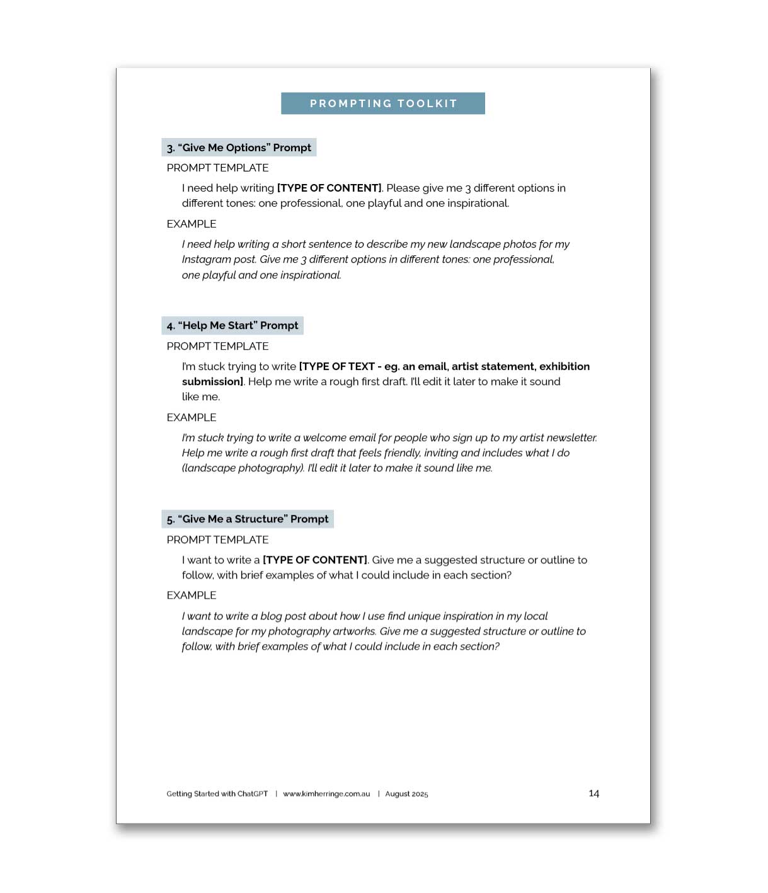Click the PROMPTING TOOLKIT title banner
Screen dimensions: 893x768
383,103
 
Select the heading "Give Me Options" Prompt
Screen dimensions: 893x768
239,147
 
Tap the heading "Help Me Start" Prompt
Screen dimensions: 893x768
232,326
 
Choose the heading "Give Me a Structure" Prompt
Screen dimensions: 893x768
248,519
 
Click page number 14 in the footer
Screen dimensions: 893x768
593,793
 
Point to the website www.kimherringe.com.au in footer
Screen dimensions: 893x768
326,794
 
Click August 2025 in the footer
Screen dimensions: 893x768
406,794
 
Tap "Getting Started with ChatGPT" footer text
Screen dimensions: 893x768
217,794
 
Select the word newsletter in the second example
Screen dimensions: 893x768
573,438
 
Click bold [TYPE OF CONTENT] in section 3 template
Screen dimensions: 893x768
329,188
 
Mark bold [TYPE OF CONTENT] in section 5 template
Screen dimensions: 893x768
314,560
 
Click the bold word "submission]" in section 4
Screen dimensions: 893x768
212,382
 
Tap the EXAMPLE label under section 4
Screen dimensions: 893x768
192,418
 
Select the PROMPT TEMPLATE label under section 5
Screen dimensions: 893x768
217,540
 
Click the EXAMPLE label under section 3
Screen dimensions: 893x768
192,224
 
